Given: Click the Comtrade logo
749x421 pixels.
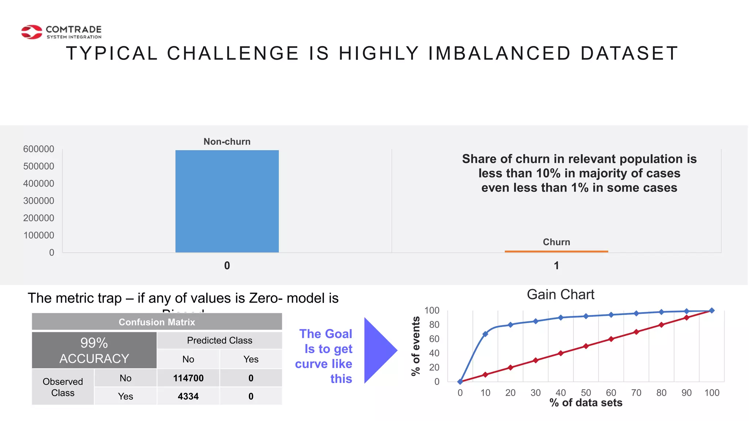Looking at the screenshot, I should [x=61, y=32].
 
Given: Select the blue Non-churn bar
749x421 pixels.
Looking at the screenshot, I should [x=227, y=201].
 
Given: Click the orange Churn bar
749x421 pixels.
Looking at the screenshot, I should [x=556, y=251].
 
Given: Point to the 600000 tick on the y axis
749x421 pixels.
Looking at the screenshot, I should [x=38, y=149].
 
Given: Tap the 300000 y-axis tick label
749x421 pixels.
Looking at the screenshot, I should [x=38, y=201].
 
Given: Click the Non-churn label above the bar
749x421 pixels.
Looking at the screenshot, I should [x=227, y=142].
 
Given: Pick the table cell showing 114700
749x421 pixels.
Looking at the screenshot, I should [x=188, y=378].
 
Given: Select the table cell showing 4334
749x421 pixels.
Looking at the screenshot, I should [x=188, y=396].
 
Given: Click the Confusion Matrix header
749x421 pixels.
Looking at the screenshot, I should [x=157, y=322].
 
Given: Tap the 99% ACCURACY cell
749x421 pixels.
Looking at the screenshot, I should [x=94, y=350].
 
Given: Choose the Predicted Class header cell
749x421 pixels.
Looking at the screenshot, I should [x=219, y=340].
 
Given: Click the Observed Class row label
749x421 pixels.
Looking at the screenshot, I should [x=63, y=387].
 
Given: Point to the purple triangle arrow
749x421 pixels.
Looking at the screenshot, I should [x=379, y=350].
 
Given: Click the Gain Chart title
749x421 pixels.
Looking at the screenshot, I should [x=560, y=295].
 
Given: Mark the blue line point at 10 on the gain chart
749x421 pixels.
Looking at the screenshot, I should [x=485, y=334].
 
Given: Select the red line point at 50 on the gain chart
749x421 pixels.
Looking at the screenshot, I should [x=586, y=346].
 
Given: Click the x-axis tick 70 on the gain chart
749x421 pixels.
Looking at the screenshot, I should [x=636, y=393].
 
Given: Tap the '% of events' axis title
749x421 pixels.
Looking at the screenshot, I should [x=415, y=346].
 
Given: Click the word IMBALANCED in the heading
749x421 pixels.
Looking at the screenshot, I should [x=499, y=53].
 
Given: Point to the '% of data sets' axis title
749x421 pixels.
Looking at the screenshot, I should [x=586, y=403].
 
